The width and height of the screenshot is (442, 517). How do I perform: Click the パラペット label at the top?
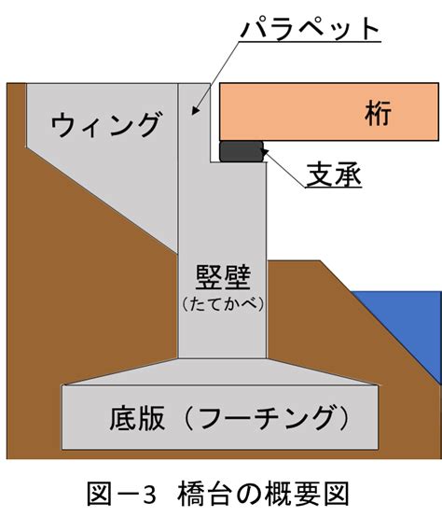[311, 28]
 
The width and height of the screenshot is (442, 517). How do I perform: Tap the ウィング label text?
[106, 124]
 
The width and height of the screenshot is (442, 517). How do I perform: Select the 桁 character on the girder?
[378, 112]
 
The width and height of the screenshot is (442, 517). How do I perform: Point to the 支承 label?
[334, 174]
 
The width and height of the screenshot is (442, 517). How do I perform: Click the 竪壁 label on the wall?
[223, 277]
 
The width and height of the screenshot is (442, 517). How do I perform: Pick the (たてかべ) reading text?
[223, 304]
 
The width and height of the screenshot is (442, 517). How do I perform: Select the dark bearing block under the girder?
[242, 151]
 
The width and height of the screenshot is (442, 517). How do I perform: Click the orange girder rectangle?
[329, 112]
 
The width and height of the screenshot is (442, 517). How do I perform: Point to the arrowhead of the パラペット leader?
[195, 111]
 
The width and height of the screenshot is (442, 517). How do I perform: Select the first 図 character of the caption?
[100, 495]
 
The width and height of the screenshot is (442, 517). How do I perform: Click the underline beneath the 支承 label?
[333, 188]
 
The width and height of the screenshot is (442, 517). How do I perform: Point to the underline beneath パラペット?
[310, 42]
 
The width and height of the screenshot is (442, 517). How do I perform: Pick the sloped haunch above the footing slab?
[220, 371]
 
